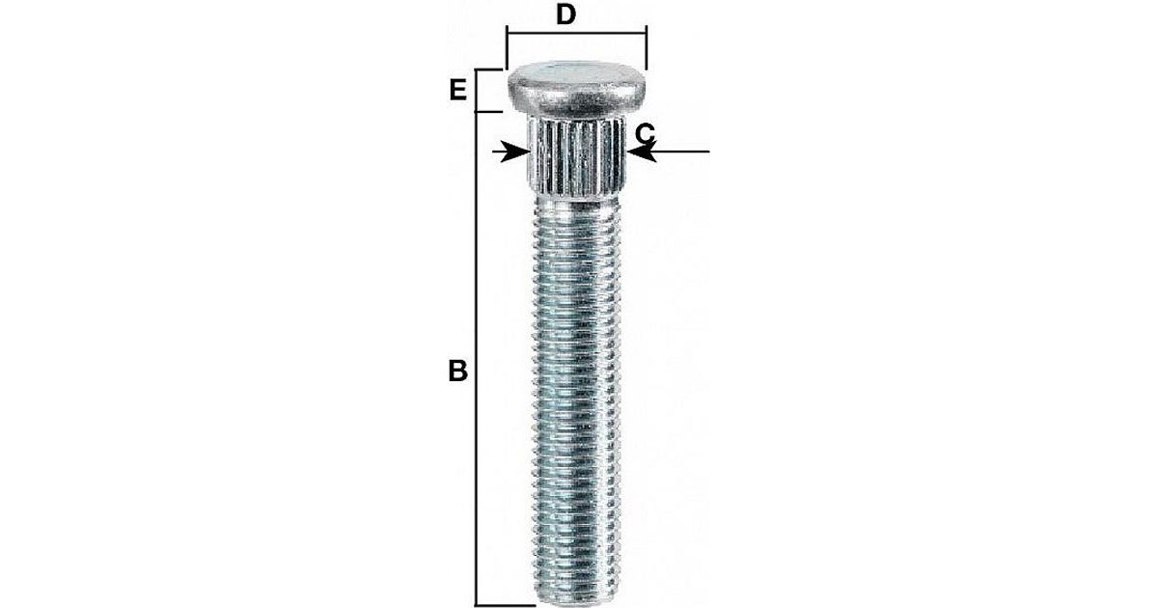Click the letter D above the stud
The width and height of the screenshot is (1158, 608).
tap(566, 14)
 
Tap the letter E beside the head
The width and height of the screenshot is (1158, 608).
tap(458, 91)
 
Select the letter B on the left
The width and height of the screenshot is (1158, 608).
tap(458, 371)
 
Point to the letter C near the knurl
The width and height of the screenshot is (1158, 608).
tap(645, 134)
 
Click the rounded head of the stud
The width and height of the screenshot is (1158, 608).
tap(577, 90)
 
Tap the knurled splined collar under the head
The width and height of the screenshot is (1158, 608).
tap(577, 156)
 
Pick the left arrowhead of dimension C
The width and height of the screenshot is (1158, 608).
tap(515, 152)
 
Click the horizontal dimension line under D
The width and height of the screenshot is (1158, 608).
tap(577, 33)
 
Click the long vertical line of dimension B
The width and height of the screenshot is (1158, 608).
tap(476, 358)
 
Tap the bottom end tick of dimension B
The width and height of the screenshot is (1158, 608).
tap(505, 604)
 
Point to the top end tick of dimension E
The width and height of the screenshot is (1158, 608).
tap(489, 69)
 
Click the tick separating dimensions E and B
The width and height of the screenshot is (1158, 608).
tap(489, 111)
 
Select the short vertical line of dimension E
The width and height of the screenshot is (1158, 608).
tap(476, 91)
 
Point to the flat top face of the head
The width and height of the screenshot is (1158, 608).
tap(577, 70)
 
